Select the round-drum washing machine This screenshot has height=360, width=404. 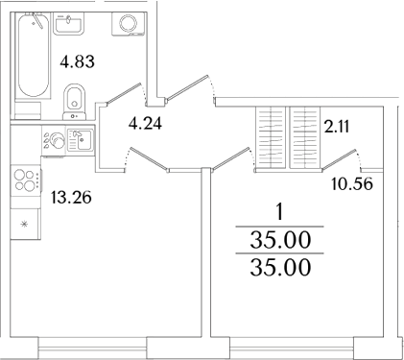[x=127, y=24]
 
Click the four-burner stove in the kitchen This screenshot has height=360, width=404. [x=26, y=180]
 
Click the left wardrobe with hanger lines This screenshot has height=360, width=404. [x=270, y=137]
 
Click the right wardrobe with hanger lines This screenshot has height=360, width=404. [x=304, y=137]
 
